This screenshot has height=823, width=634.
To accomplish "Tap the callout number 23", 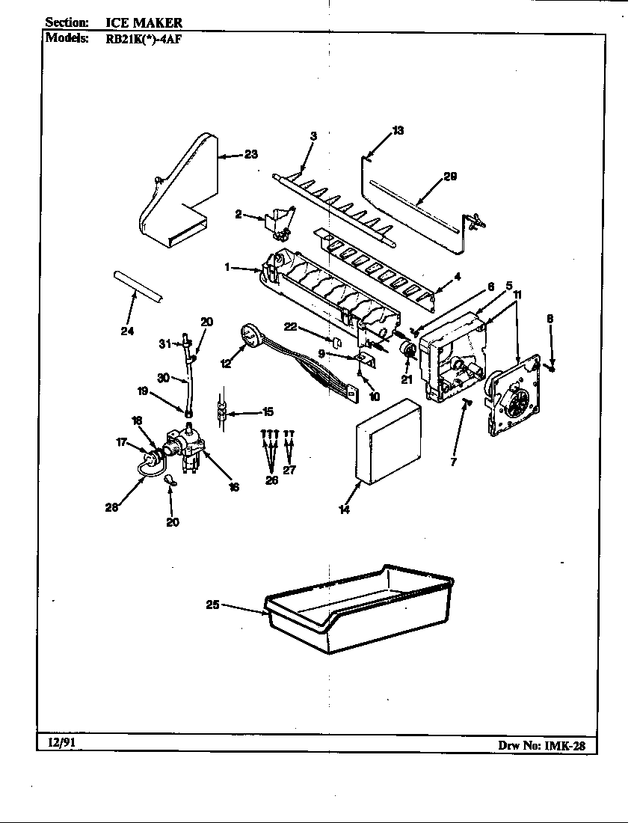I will click(250, 155).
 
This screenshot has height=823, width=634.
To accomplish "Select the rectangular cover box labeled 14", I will click(389, 443).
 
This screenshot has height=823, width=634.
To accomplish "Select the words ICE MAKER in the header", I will click(144, 23).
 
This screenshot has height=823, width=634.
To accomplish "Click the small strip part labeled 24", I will click(141, 286).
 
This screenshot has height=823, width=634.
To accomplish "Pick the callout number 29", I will click(449, 177).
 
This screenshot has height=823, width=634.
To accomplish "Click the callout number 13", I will click(398, 130).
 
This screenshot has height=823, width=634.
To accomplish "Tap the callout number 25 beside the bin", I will click(212, 605).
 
